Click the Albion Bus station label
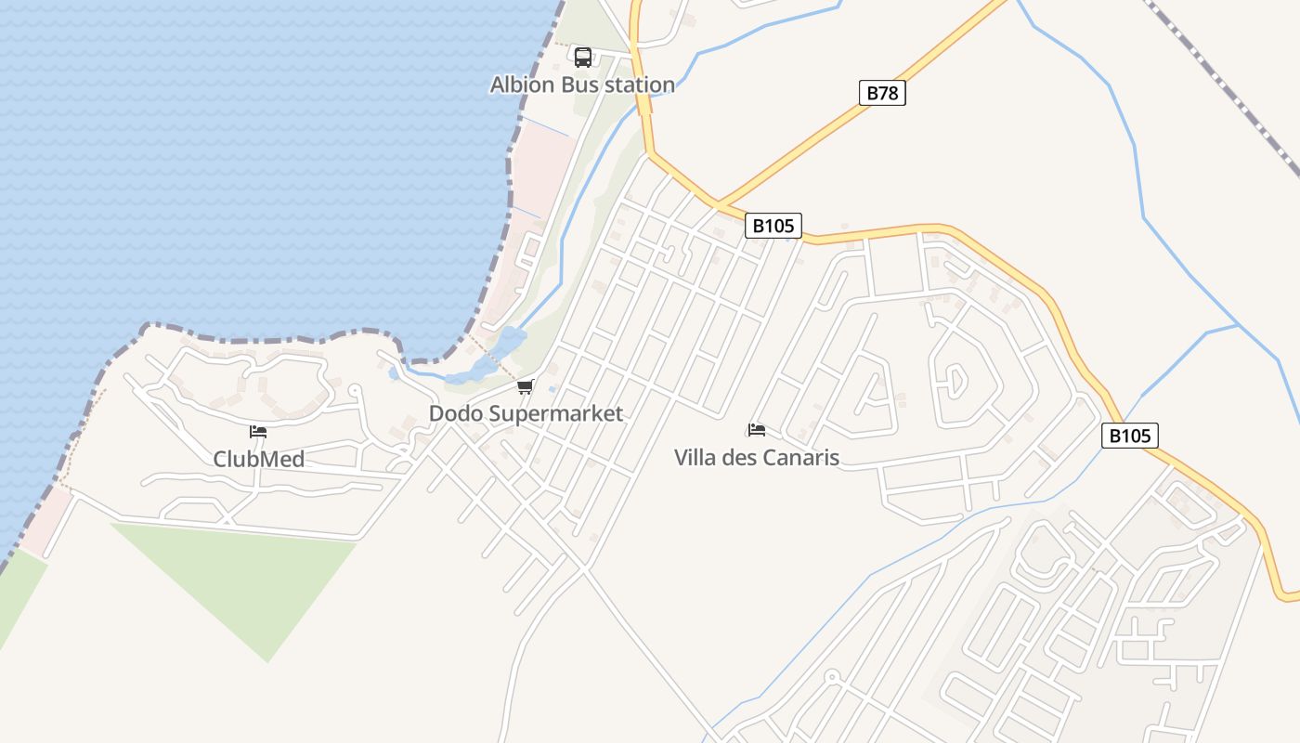point(582,85)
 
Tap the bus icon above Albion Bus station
point(582,58)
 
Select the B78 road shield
point(880,93)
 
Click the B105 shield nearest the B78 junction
point(773,226)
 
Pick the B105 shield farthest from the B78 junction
point(1130,436)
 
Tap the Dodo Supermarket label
point(526,413)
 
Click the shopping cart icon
point(526,387)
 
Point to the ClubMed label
point(258,459)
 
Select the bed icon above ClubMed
point(258,432)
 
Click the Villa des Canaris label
point(757,457)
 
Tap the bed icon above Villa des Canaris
point(757,430)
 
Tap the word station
point(640,85)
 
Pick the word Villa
point(695,457)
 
